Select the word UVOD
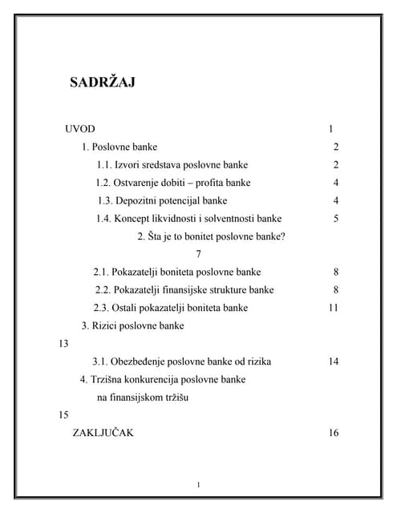(79, 129)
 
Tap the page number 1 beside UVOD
(330, 129)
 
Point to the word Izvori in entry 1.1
(128, 165)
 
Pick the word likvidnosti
(182, 219)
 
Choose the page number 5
(336, 219)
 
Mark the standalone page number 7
(198, 254)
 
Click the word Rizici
(108, 325)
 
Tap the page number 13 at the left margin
(65, 343)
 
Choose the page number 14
(334, 362)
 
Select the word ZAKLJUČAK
(103, 433)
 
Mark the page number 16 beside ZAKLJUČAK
(334, 433)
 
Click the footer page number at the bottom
(198, 484)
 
